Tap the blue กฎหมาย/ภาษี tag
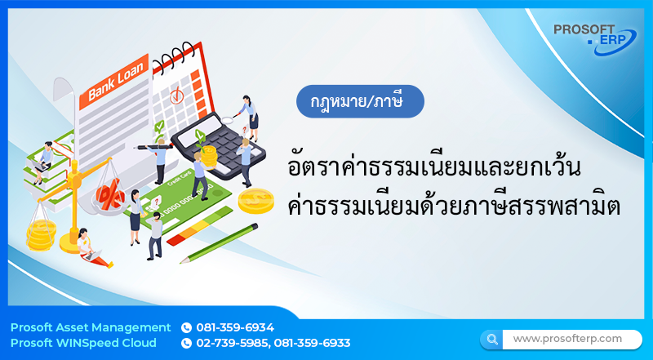(x=361, y=102)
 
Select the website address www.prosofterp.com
(x=567, y=338)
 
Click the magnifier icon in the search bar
(x=492, y=338)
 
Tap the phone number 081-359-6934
(x=235, y=327)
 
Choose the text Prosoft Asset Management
(x=91, y=327)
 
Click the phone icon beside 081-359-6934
(x=186, y=327)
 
